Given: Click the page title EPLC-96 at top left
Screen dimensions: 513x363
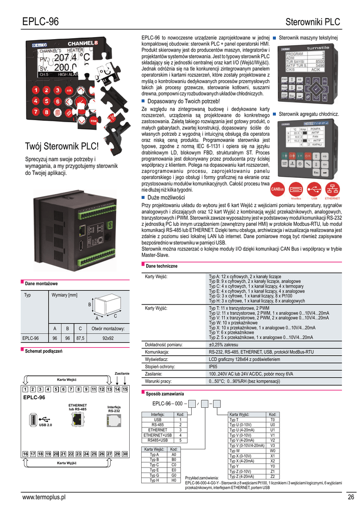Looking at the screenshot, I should click(41, 22).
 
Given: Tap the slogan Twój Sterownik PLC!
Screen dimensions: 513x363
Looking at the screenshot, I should click(62, 147).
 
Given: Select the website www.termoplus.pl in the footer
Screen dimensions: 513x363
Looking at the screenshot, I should click(44, 497).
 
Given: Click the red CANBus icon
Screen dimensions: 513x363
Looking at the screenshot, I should click(277, 189).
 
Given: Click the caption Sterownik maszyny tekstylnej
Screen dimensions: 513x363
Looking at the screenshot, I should click(308, 38).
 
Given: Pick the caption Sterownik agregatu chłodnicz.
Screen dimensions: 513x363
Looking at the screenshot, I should click(308, 114).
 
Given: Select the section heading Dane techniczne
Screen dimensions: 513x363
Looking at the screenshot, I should click(161, 266).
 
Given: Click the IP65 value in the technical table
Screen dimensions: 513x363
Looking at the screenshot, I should click(214, 367).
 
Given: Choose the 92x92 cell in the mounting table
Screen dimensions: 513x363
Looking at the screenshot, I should click(108, 338).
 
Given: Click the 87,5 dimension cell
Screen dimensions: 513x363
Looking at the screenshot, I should click(80, 338).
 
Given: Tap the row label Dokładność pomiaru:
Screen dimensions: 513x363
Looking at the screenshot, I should click(163, 345).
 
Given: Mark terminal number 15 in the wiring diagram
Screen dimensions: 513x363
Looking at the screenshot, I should click(125, 389).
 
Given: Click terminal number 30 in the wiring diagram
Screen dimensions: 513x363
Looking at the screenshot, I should click(125, 454).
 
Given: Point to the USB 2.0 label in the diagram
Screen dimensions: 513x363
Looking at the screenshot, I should click(46, 425).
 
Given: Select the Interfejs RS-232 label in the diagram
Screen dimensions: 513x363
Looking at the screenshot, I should click(114, 409).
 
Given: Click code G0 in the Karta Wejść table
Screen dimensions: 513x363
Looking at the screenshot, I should click(174, 475).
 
